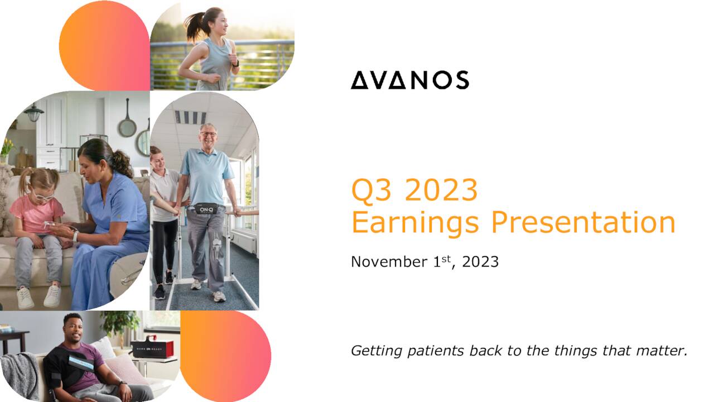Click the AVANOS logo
[x=409, y=80]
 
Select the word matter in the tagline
[x=663, y=351]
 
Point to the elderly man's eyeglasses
[x=208, y=135]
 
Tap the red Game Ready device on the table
[x=152, y=347]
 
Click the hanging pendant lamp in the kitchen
[x=33, y=113]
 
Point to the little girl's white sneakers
[x=39, y=297]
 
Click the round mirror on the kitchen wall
[x=127, y=128]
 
